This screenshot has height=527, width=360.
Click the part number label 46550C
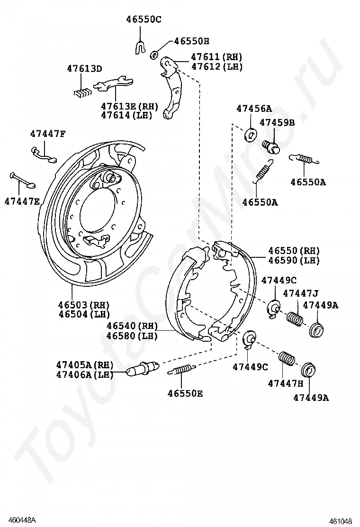(144, 19)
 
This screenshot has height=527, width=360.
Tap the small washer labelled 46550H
(154, 55)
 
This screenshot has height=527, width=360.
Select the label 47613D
(84, 69)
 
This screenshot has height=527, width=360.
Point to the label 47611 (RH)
(216, 57)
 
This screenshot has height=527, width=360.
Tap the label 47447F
(48, 134)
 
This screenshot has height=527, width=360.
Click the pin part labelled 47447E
(21, 180)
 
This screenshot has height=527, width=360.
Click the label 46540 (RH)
(132, 326)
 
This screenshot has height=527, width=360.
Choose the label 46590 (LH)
(294, 260)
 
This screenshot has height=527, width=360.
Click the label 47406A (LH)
(84, 374)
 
